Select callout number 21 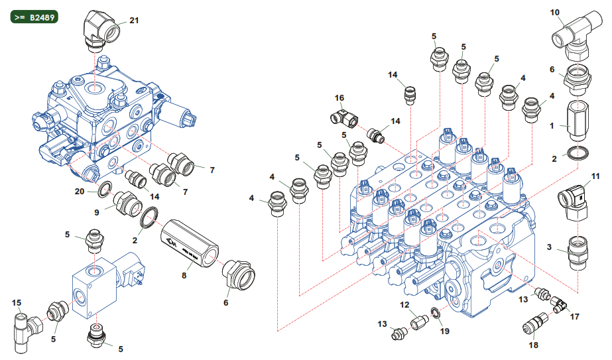[x=134, y=21]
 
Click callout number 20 [x=80, y=191]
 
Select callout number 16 [x=339, y=98]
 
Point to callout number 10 [x=555, y=12]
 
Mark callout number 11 [x=595, y=176]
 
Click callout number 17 [x=574, y=316]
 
